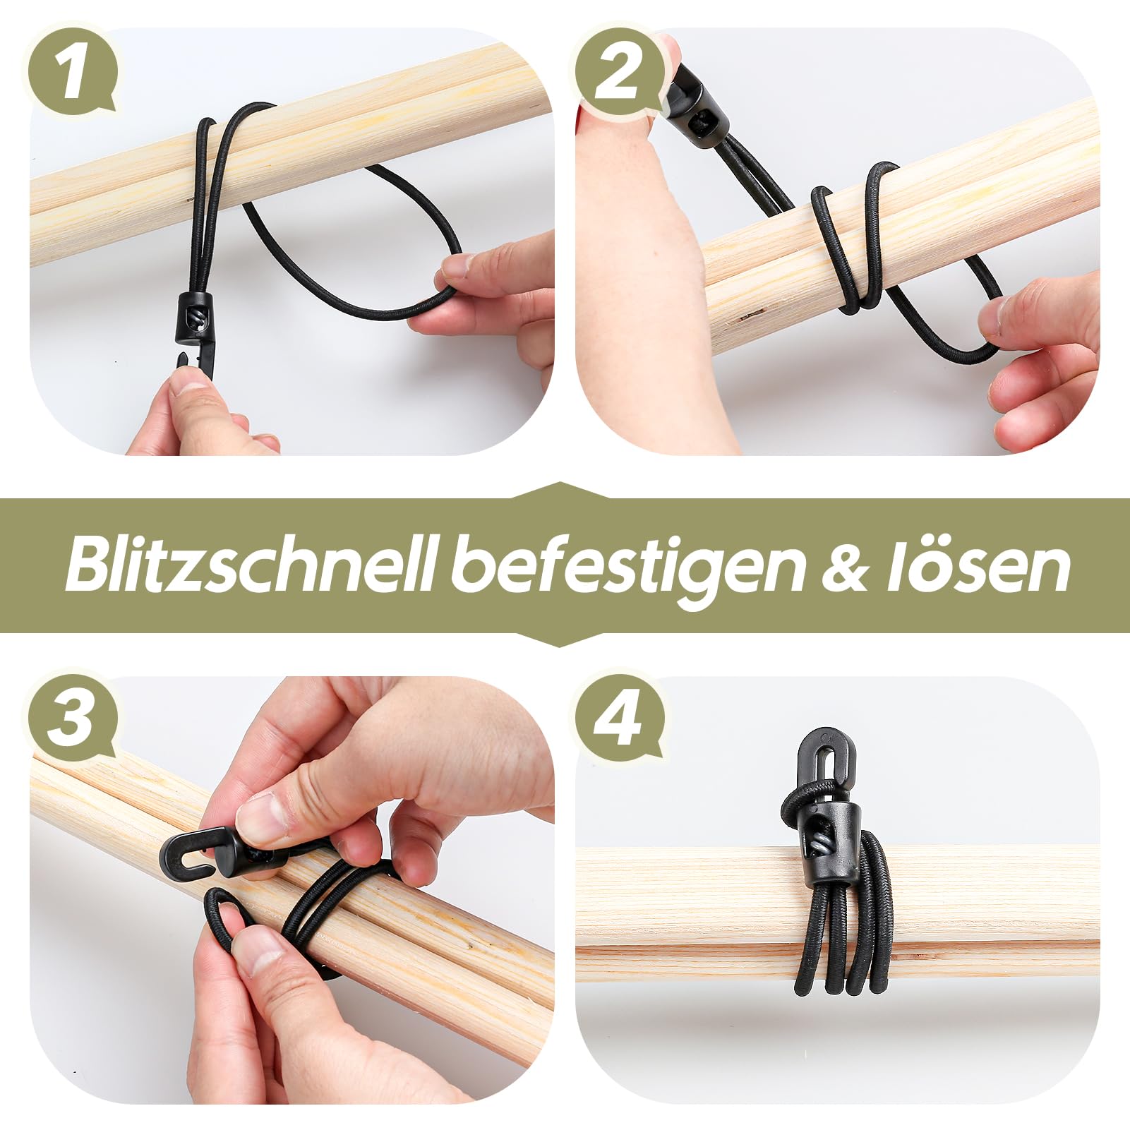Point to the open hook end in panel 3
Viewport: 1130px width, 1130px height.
(185, 855)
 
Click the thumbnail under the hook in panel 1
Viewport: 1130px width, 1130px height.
(187, 385)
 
